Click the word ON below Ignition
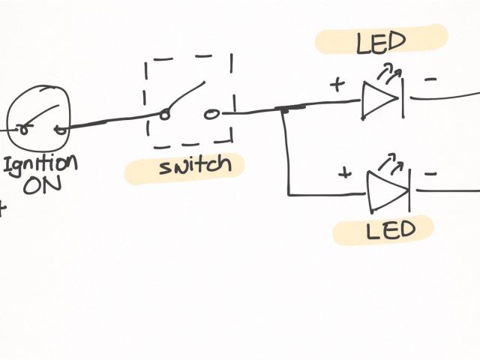click(42, 184)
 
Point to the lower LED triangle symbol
click(385, 190)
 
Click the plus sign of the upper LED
click(337, 84)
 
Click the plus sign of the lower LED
click(344, 173)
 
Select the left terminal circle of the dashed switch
click(164, 115)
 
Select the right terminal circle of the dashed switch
click(211, 114)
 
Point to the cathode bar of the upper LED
click(402, 97)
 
